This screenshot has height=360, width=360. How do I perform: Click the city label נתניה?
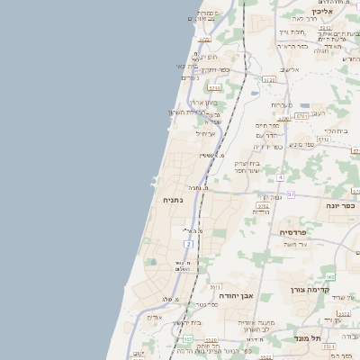point(172,200)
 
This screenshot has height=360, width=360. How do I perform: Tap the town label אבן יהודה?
point(237,295)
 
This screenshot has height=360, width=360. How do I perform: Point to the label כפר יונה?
point(341,205)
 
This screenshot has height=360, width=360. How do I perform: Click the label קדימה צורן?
point(311,290)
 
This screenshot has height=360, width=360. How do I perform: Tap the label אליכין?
point(324,12)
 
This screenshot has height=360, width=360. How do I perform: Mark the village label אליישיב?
point(289,69)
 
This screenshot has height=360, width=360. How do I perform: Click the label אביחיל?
point(205,135)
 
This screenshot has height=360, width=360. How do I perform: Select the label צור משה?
point(295,244)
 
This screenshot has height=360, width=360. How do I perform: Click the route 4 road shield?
point(280,177)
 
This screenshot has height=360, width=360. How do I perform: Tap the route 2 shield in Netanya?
point(187,245)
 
